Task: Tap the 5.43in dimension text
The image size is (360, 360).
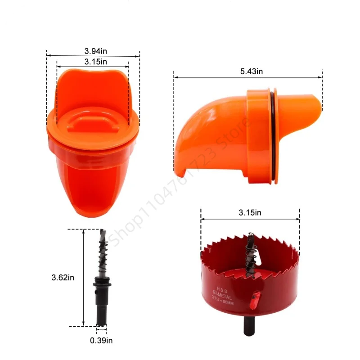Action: (252, 71)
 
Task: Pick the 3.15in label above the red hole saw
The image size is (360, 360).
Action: (250, 213)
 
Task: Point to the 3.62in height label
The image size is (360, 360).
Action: (63, 278)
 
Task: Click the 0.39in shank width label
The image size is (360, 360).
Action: (101, 340)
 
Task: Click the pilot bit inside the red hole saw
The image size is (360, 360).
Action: (250, 254)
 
